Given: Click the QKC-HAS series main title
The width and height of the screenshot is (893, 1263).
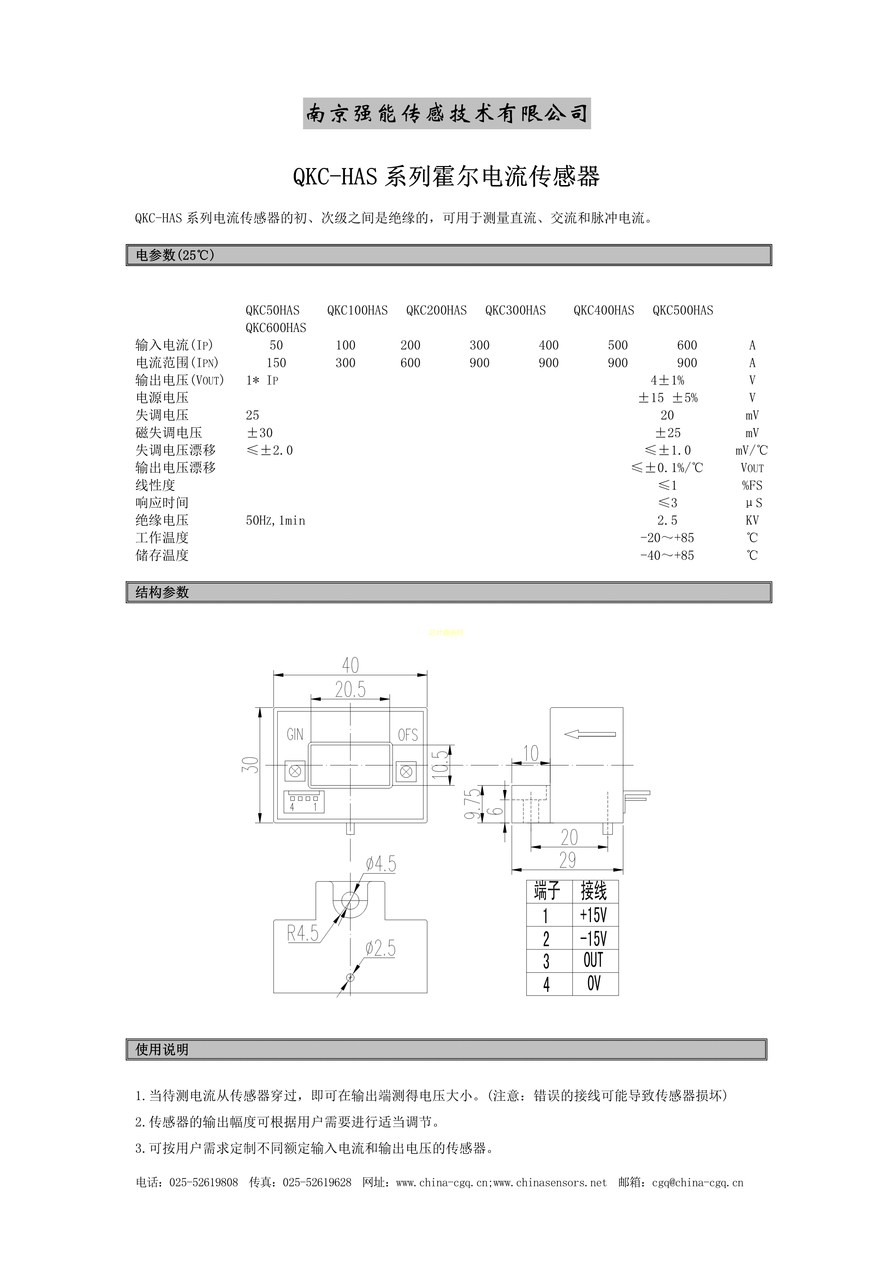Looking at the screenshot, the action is pyautogui.click(x=446, y=176).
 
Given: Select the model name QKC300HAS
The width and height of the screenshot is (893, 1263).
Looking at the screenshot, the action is pyautogui.click(x=516, y=310).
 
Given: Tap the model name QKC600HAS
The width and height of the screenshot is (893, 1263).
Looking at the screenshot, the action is pyautogui.click(x=276, y=328).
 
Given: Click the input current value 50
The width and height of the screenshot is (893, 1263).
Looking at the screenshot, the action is pyautogui.click(x=276, y=346).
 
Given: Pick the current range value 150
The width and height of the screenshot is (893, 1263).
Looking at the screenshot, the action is pyautogui.click(x=276, y=363).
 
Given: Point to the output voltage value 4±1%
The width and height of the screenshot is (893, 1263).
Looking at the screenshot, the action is pyautogui.click(x=668, y=380).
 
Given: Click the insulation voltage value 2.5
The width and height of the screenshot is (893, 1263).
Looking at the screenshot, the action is pyautogui.click(x=668, y=520).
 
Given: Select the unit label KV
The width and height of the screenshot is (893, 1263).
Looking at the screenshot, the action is pyautogui.click(x=752, y=520).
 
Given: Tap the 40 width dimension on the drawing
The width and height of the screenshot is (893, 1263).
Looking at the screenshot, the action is pyautogui.click(x=350, y=665).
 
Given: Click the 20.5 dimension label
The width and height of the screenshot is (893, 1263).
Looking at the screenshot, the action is pyautogui.click(x=350, y=689).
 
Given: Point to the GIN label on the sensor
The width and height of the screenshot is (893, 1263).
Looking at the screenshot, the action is pyautogui.click(x=295, y=734).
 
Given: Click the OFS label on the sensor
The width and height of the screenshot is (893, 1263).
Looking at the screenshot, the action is pyautogui.click(x=408, y=735).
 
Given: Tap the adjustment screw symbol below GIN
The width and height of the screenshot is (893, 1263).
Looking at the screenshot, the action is pyautogui.click(x=295, y=772).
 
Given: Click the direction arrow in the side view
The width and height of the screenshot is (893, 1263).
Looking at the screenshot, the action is pyautogui.click(x=590, y=734).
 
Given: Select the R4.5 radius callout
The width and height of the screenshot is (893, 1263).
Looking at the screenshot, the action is pyautogui.click(x=302, y=933).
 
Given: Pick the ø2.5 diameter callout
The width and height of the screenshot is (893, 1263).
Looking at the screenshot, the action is pyautogui.click(x=380, y=948).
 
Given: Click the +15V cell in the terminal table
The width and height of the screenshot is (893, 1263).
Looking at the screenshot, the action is pyautogui.click(x=593, y=915).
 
